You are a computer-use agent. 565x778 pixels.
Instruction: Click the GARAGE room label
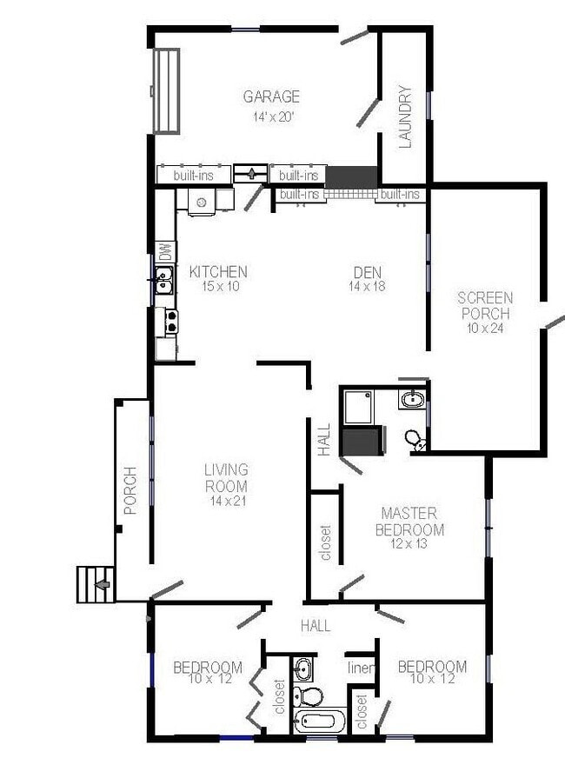click(x=271, y=96)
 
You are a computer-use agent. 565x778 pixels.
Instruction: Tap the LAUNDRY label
click(x=405, y=116)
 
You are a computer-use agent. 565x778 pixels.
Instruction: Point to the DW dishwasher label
click(x=163, y=252)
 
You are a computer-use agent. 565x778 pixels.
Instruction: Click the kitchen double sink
click(x=163, y=280)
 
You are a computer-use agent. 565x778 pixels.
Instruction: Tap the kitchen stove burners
click(x=171, y=322)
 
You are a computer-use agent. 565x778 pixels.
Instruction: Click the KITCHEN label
click(x=218, y=272)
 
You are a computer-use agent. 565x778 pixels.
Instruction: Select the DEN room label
click(x=367, y=272)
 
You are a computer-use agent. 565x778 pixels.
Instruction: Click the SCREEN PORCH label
click(x=485, y=305)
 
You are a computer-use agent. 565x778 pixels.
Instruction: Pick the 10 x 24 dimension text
click(x=485, y=328)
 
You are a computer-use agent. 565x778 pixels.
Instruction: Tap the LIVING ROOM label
click(x=226, y=478)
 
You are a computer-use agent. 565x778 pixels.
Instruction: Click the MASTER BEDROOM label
click(x=409, y=522)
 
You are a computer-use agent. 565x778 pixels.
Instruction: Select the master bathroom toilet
click(x=414, y=439)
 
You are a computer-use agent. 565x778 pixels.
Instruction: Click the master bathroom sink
click(x=412, y=400)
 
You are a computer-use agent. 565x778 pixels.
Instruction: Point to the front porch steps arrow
click(x=102, y=584)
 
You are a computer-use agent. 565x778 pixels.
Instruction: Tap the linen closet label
click(x=361, y=668)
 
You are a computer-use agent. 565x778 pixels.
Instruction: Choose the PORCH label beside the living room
click(x=130, y=491)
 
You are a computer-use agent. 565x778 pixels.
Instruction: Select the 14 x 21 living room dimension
click(x=226, y=502)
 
